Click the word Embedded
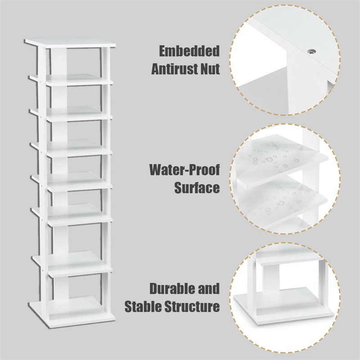click(x=189, y=51)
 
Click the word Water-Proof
click(x=184, y=170)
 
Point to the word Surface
click(x=197, y=187)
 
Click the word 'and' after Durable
click(x=208, y=289)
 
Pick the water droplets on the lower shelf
click(x=279, y=198)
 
